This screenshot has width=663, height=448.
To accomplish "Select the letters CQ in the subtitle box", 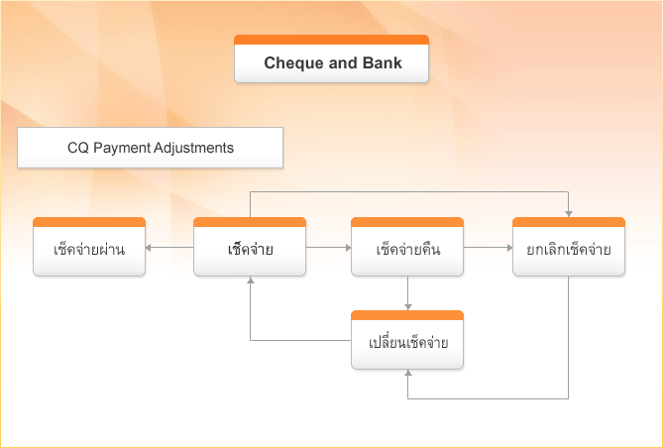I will pyautogui.click(x=77, y=148).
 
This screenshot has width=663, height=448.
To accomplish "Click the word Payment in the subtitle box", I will pyautogui.click(x=120, y=148).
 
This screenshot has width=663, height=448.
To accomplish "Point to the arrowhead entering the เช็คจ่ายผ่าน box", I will pyautogui.click(x=150, y=247).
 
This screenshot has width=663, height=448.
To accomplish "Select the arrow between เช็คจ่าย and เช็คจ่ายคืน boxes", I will pyautogui.click(x=328, y=247).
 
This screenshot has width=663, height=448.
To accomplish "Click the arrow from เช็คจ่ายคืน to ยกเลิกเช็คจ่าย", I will pyautogui.click(x=488, y=247).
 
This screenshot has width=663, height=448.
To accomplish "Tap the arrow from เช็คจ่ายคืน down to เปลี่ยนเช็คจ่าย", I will pyautogui.click(x=407, y=293).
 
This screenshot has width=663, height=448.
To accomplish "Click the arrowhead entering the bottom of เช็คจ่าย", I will pyautogui.click(x=249, y=282).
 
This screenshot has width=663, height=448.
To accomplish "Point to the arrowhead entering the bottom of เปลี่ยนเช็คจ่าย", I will pyautogui.click(x=407, y=377).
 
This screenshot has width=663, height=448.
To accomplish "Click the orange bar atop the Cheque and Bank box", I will pyautogui.click(x=331, y=40).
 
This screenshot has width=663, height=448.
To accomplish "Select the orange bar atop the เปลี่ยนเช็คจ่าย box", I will pyautogui.click(x=407, y=315).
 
